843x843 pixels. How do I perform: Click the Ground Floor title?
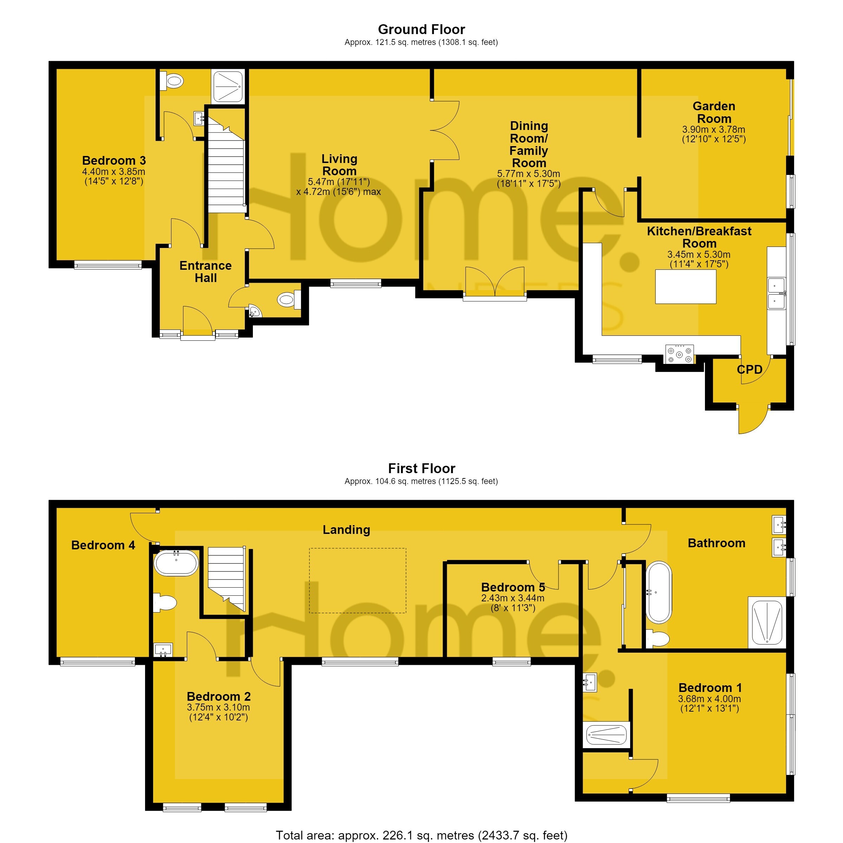click(x=421, y=29)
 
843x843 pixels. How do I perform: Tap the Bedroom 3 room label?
click(x=114, y=160)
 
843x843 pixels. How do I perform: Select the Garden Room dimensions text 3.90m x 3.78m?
click(x=713, y=130)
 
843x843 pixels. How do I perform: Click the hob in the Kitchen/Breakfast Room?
click(x=679, y=354)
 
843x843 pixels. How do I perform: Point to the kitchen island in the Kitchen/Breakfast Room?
click(x=686, y=286)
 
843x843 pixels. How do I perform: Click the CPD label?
click(x=749, y=370)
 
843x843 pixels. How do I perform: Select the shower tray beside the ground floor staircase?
click(x=227, y=86)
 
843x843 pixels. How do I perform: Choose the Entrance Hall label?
click(x=205, y=272)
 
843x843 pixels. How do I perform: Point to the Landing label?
click(x=346, y=529)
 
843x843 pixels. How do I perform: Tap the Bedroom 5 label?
click(x=513, y=587)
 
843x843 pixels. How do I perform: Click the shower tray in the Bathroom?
click(x=767, y=622)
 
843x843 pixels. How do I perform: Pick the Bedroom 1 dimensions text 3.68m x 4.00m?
click(x=710, y=699)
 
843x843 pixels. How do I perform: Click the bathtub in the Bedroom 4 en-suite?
click(x=176, y=563)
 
